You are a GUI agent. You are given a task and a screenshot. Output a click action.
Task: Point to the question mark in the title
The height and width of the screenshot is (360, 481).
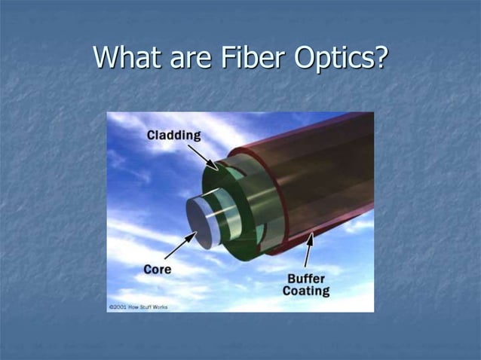coord(379,57)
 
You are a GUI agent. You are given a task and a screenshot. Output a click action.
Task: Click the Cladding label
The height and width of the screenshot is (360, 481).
coord(173,136)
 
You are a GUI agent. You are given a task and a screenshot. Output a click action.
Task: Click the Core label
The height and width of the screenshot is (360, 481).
coord(157,269)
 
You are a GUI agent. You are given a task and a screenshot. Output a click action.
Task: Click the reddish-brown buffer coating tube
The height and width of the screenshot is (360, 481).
coord(317,181)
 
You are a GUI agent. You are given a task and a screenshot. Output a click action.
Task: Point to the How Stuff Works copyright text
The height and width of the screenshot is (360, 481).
coord(139,307)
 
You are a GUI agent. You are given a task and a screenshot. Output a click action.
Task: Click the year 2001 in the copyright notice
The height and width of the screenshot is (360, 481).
coord(121,307)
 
